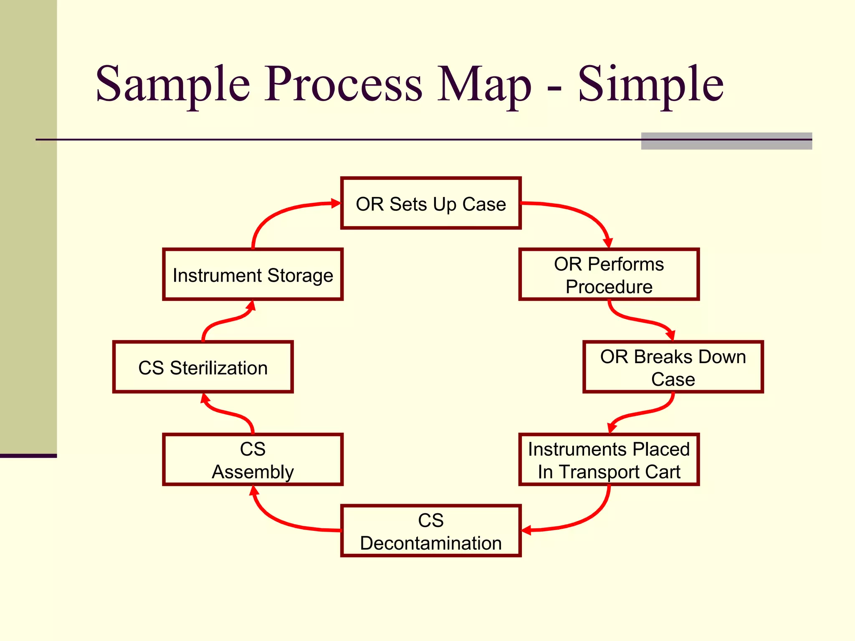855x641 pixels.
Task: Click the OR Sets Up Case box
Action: click(431, 203)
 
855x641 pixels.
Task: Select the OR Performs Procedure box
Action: click(609, 275)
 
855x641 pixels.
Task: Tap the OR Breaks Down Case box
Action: click(673, 367)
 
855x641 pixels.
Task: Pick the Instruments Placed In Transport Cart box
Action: click(609, 459)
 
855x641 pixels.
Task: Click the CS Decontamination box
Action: click(431, 531)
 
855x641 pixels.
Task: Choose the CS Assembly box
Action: click(253, 459)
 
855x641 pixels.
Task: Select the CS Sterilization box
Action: click(203, 367)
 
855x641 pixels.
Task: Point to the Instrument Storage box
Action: click(253, 275)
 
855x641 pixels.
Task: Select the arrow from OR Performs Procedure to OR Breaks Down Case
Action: click(639, 320)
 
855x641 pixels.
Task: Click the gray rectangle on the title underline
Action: click(726, 141)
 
